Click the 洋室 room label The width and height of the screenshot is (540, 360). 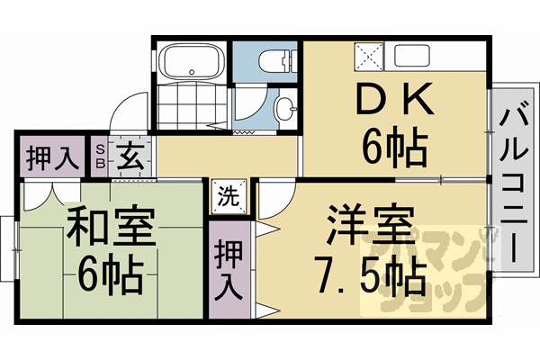click(x=369, y=222)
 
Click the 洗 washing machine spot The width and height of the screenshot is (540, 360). click(x=229, y=196)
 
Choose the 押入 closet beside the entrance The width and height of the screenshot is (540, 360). click(x=49, y=158)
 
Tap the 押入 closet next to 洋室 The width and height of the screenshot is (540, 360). click(x=229, y=269)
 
